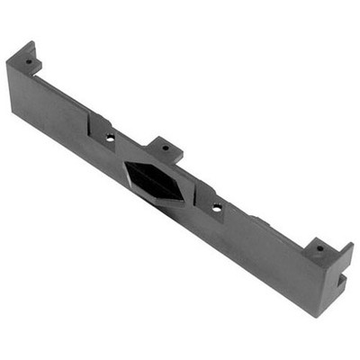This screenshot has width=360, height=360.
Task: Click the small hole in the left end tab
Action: click(28, 62)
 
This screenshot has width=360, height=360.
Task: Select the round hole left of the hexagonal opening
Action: click(110, 138)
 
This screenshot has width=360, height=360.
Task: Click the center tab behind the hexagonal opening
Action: click(166, 149)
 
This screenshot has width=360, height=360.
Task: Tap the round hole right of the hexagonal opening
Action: click(217, 207)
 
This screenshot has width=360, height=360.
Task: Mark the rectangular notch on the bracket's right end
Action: click(342, 279)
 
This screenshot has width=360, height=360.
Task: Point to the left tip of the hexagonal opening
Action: click(125, 166)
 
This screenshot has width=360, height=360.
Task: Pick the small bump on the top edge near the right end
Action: click(256, 219)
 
